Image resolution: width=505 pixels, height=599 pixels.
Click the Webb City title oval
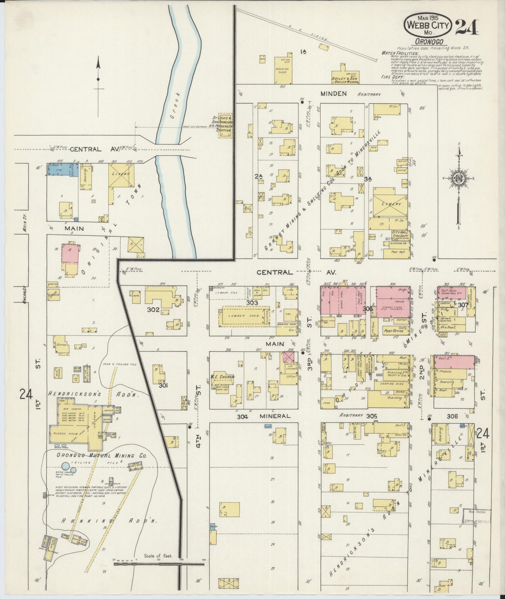tap(428, 25)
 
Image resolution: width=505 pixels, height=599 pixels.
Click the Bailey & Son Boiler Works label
tap(345, 80)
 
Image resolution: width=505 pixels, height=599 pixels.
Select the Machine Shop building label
tap(282, 71)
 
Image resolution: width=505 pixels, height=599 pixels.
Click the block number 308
tap(452, 416)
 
